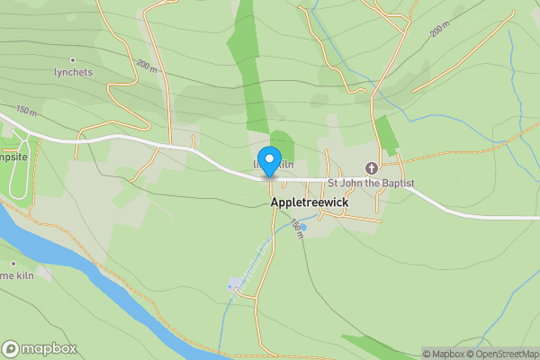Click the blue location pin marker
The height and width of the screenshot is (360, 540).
pos(267,159)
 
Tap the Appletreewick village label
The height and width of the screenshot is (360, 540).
pos(310,203)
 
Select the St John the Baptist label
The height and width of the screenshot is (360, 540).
pos(371,183)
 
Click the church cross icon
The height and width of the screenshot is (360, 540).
pos(371,168)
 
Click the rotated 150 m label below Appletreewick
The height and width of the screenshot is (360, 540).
pos(297,230)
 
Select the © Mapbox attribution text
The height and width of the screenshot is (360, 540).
pos(443,354)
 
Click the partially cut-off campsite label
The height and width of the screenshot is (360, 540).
pos(13,156)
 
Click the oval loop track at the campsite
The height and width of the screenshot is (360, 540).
pos(20,166)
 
